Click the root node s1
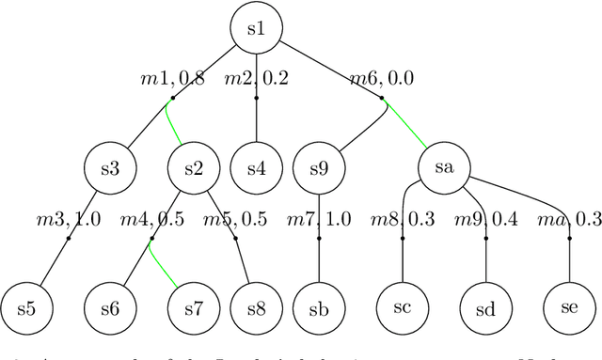257,29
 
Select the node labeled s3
109,169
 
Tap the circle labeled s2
193,169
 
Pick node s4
257,169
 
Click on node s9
320,169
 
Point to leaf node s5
25,308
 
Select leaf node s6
110,308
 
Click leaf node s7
193,308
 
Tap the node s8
257,308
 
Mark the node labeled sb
320,308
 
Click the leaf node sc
403,307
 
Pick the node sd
487,307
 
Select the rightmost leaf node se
571,307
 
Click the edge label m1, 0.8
172,80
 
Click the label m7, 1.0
320,220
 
